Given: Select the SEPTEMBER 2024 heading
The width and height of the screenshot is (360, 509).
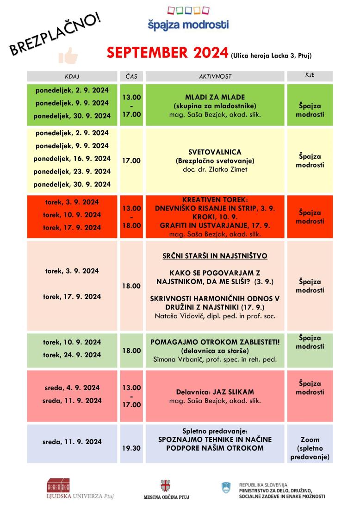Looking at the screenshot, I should tap(168, 53).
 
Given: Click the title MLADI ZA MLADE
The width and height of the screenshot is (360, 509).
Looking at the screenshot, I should tap(215, 98).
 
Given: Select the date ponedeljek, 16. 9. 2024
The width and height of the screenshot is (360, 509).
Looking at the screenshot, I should tap(72, 158).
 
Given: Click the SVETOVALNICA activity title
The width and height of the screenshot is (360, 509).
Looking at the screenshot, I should tap(215, 152).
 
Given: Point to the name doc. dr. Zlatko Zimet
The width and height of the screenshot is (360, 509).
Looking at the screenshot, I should tap(215, 169).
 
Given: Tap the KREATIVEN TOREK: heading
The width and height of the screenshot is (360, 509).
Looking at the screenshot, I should tap(215, 200).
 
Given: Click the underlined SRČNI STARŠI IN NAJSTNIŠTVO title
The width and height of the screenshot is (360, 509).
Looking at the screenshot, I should tap(215, 256).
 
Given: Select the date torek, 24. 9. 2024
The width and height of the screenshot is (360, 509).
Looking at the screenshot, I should tap(73, 355).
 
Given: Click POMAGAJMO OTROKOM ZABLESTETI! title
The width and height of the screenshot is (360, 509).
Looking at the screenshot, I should tap(215, 342).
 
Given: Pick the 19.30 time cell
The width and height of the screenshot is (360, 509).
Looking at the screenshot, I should tap(131, 448).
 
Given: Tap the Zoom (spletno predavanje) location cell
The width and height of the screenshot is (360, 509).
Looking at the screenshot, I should tap(310, 448).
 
